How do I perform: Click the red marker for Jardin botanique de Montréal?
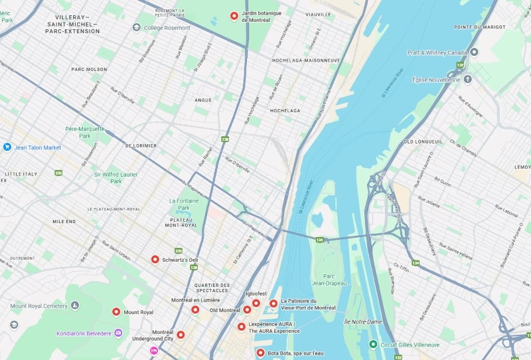(234, 16)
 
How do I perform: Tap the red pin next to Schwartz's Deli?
(155, 260)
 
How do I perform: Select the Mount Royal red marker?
(116, 312)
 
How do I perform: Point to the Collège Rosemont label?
(167, 28)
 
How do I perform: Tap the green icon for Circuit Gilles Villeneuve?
(374, 345)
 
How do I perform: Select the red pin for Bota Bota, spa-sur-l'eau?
(260, 353)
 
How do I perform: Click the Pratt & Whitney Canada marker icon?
(474, 52)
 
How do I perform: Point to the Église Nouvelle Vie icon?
(467, 79)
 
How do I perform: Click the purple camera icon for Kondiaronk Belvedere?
(118, 333)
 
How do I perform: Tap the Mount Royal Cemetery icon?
(74, 306)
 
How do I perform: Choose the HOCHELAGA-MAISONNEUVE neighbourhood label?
(305, 60)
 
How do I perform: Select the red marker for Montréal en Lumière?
(195, 310)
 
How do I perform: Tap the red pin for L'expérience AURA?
(242, 326)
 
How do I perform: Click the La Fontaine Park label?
(179, 204)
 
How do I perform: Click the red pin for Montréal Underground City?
(181, 335)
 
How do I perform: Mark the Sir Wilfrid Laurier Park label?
(116, 177)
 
